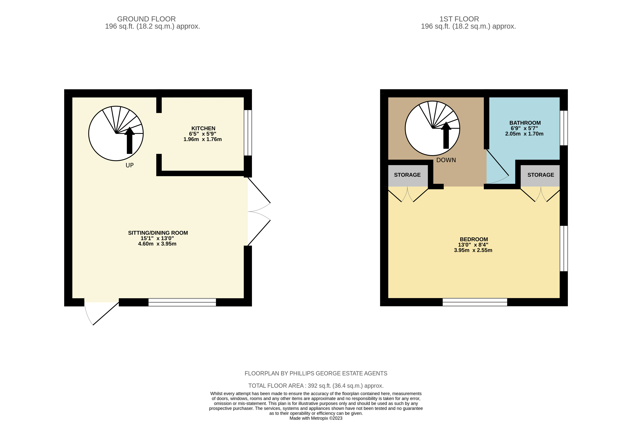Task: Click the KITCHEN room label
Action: pyautogui.click(x=203, y=128)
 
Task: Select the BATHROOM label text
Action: pyautogui.click(x=525, y=123)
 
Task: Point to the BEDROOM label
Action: pyautogui.click(x=474, y=239)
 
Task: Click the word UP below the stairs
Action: pyautogui.click(x=130, y=165)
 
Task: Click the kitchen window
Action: pyautogui.click(x=248, y=133)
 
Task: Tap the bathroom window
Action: pyautogui.click(x=564, y=128)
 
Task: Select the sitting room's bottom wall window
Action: pyautogui.click(x=182, y=302)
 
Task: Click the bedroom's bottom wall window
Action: pyautogui.click(x=475, y=302)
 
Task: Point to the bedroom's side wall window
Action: pyautogui.click(x=564, y=249)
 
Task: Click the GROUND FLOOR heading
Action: pyautogui.click(x=147, y=19)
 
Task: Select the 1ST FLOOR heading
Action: pyautogui.click(x=459, y=19)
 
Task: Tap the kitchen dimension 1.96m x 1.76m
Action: pyautogui.click(x=203, y=140)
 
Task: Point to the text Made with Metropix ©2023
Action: pyautogui.click(x=316, y=418)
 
